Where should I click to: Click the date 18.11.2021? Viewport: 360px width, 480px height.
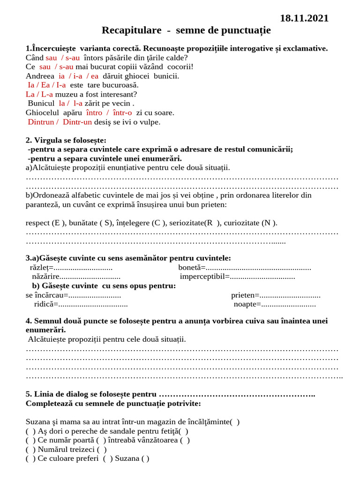(x=304, y=18)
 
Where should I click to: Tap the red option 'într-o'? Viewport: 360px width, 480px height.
(x=122, y=112)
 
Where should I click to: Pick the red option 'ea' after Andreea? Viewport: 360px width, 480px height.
(x=95, y=76)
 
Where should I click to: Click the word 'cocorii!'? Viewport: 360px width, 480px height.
(x=180, y=67)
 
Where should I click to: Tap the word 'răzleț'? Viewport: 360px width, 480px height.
(x=40, y=268)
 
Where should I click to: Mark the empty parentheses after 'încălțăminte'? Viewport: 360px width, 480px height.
(x=235, y=422)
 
